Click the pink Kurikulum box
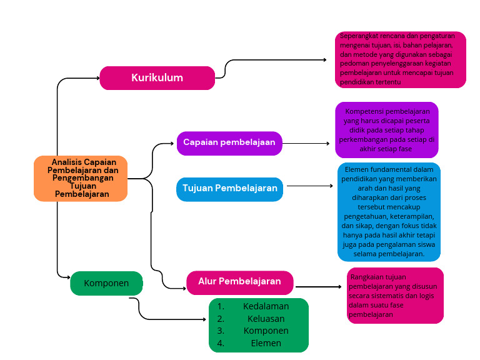click(x=157, y=78)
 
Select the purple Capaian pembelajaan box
click(x=229, y=142)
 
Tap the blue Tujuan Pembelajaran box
click(x=229, y=188)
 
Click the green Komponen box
click(x=106, y=283)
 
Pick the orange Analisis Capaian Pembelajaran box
click(x=81, y=178)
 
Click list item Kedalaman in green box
click(x=266, y=306)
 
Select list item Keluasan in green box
click(x=266, y=319)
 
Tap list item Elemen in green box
click(x=266, y=343)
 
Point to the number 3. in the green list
click(x=221, y=331)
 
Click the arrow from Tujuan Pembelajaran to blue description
click(x=309, y=186)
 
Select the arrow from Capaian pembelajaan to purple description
click(x=306, y=143)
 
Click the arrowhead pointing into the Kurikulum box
click(x=97, y=78)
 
